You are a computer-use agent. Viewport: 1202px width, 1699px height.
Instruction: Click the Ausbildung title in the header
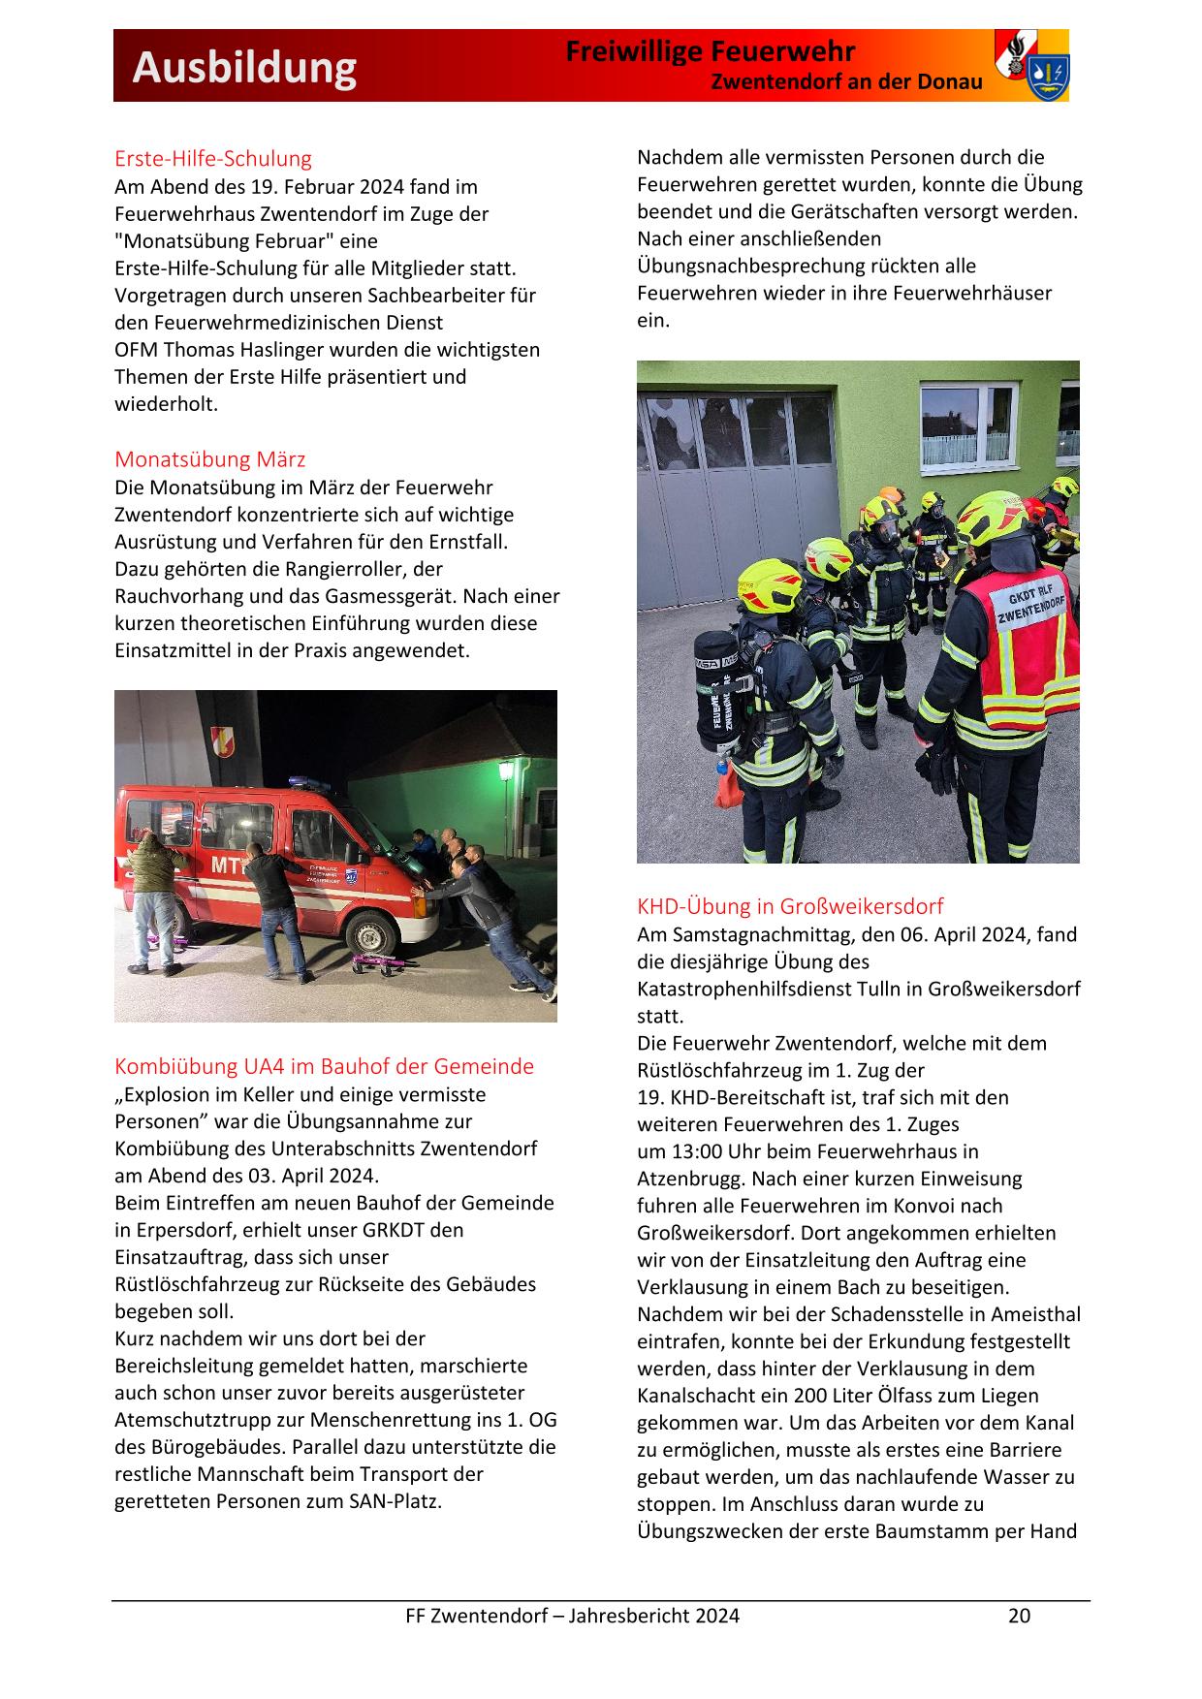(x=244, y=68)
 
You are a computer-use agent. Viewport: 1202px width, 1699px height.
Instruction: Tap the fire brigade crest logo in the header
(x=1031, y=66)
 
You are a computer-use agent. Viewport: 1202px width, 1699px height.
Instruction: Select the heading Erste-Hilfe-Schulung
(x=213, y=158)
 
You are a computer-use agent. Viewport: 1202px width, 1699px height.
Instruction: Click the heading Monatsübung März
(x=209, y=458)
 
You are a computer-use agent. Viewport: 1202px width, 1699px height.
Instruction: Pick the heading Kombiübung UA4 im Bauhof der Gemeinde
(x=324, y=1066)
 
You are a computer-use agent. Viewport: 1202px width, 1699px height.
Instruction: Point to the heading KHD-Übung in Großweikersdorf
(x=790, y=906)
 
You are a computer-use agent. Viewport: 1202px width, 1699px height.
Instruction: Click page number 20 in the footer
(x=1019, y=1616)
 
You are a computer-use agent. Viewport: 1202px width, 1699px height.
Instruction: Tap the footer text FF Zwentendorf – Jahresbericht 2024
(x=572, y=1616)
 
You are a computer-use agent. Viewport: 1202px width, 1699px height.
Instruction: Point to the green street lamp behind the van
(x=505, y=772)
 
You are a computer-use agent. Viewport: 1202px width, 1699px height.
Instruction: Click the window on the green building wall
(x=967, y=424)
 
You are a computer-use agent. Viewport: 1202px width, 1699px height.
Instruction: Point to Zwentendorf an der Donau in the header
(x=846, y=81)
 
